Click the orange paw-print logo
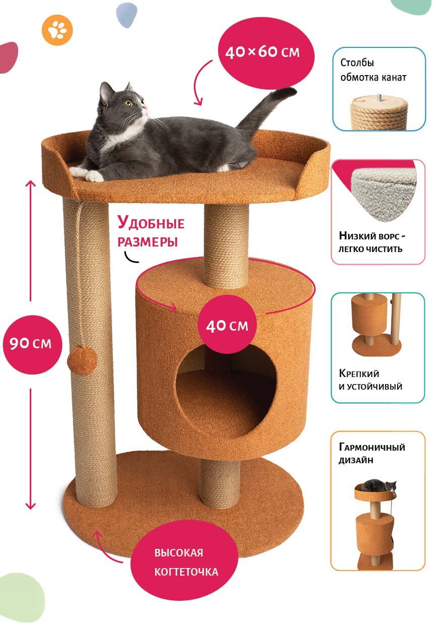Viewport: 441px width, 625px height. (x=57, y=30)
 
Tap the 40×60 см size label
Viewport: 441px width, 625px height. (x=262, y=51)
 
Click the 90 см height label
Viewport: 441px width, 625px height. (x=30, y=343)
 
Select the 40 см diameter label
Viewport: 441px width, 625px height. (x=227, y=325)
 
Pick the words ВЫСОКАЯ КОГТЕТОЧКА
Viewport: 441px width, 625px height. (x=186, y=562)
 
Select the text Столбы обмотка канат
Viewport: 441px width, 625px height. (x=373, y=70)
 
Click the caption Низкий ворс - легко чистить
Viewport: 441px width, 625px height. (x=372, y=241)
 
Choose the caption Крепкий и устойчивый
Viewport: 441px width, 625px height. (x=370, y=380)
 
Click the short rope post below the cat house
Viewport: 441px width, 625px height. (x=219, y=483)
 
